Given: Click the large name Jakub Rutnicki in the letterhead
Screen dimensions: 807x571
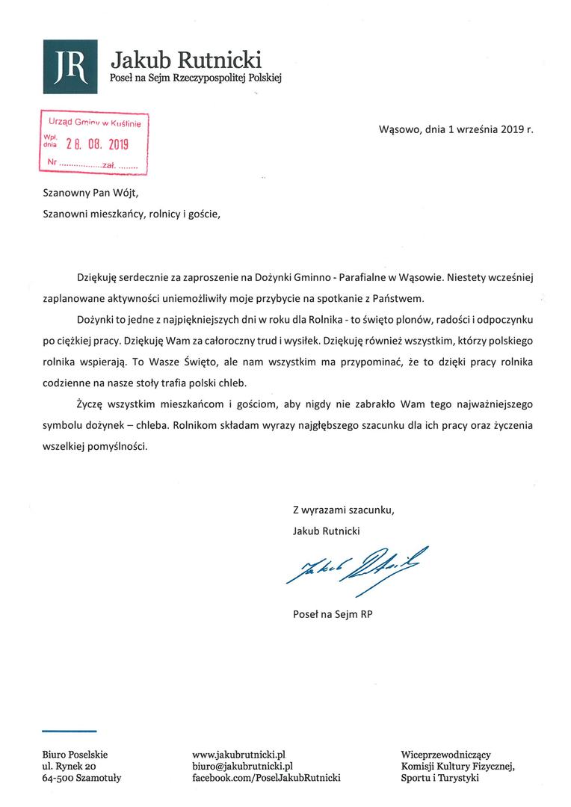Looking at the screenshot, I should [186, 58].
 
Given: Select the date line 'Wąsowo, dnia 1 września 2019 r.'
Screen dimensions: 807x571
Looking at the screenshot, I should [457, 129].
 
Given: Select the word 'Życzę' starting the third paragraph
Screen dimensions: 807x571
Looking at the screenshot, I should [91, 403].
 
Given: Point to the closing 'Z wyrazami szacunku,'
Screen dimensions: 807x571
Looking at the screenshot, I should [343, 510].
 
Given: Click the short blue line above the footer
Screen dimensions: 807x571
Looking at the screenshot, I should [70, 730].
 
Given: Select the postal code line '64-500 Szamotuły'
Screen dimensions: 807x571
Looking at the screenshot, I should [81, 778].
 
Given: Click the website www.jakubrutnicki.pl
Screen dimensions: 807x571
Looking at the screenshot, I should [239, 755].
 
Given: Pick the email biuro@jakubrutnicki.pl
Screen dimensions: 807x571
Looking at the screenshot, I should [242, 766].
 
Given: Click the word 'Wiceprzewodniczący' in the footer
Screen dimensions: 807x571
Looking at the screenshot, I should [445, 755].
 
